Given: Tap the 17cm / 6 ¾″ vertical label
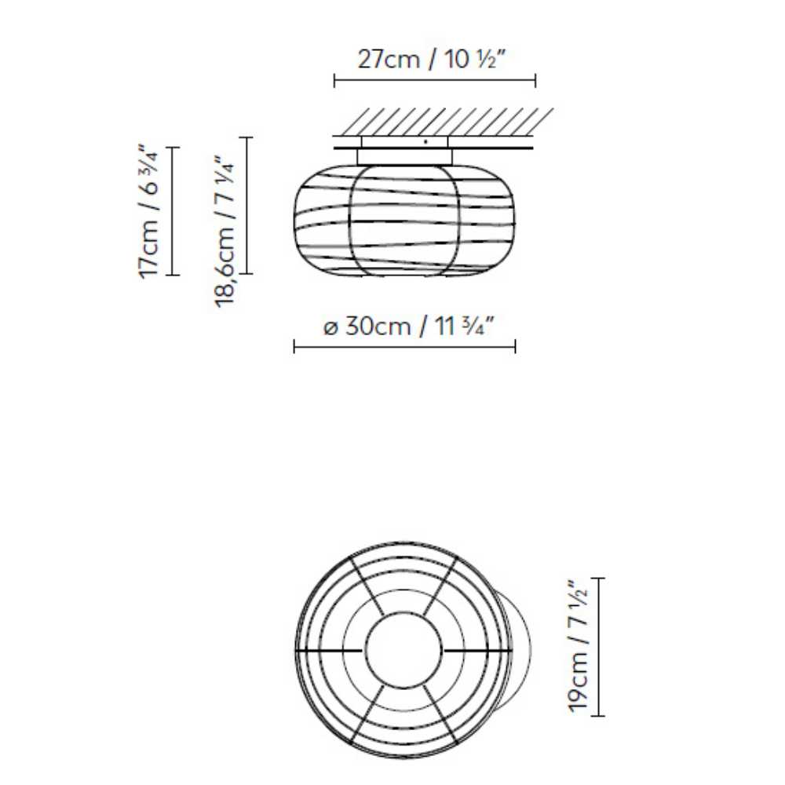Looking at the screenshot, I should point(148,210).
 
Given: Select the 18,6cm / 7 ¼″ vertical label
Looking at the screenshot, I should point(225,230).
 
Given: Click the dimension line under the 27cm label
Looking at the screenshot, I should point(435,79).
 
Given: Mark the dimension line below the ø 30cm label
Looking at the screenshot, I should point(404,346).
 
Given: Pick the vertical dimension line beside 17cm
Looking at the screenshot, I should point(174,210).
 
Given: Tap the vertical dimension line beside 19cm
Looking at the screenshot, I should point(601,647).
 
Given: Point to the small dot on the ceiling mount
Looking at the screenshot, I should point(425,143).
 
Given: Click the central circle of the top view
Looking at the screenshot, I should point(403,651).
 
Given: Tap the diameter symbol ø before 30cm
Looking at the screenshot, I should point(330,327).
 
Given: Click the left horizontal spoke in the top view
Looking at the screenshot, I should point(330,651).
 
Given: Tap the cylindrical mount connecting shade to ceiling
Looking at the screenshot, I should point(404,155).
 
